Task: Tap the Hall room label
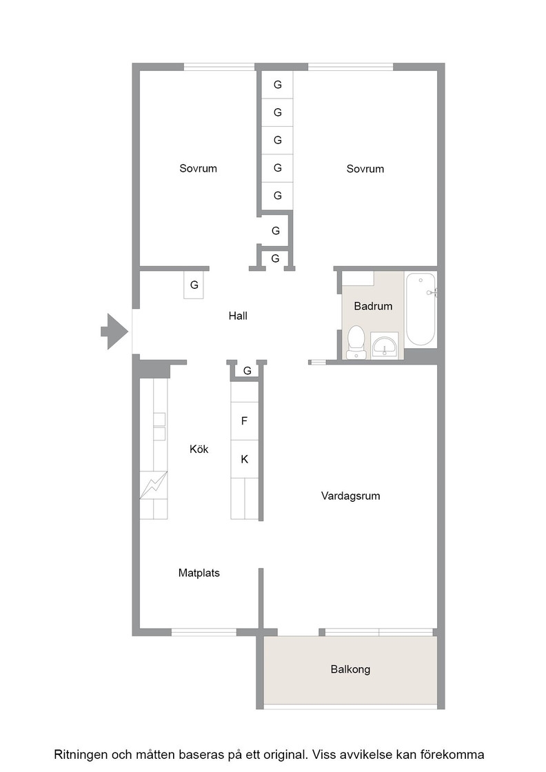tap(238, 316)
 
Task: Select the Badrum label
tap(373, 306)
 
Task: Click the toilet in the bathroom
tap(356, 342)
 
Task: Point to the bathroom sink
tap(385, 345)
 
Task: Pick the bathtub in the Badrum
tap(421, 309)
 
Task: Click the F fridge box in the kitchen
tap(245, 421)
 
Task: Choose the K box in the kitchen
tap(245, 459)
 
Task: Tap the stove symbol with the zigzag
tap(154, 485)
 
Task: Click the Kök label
tap(199, 449)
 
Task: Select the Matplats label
tap(199, 573)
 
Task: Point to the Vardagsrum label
tap(350, 496)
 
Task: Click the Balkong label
tap(350, 669)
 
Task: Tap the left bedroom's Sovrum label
tap(198, 168)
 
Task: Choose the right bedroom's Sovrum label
tap(365, 169)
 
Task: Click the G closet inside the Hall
tap(194, 285)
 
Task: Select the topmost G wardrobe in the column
tap(277, 85)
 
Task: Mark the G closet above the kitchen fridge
tap(247, 371)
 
